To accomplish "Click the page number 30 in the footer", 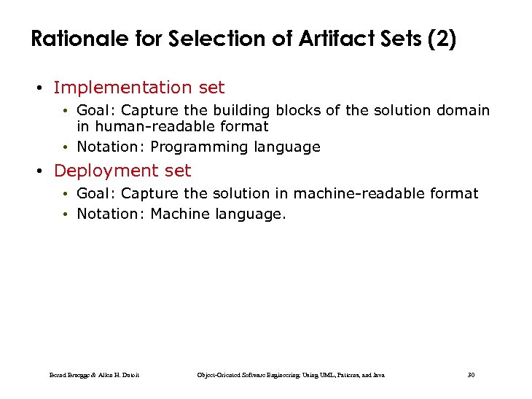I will point(471,375).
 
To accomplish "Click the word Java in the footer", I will point(378,375).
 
